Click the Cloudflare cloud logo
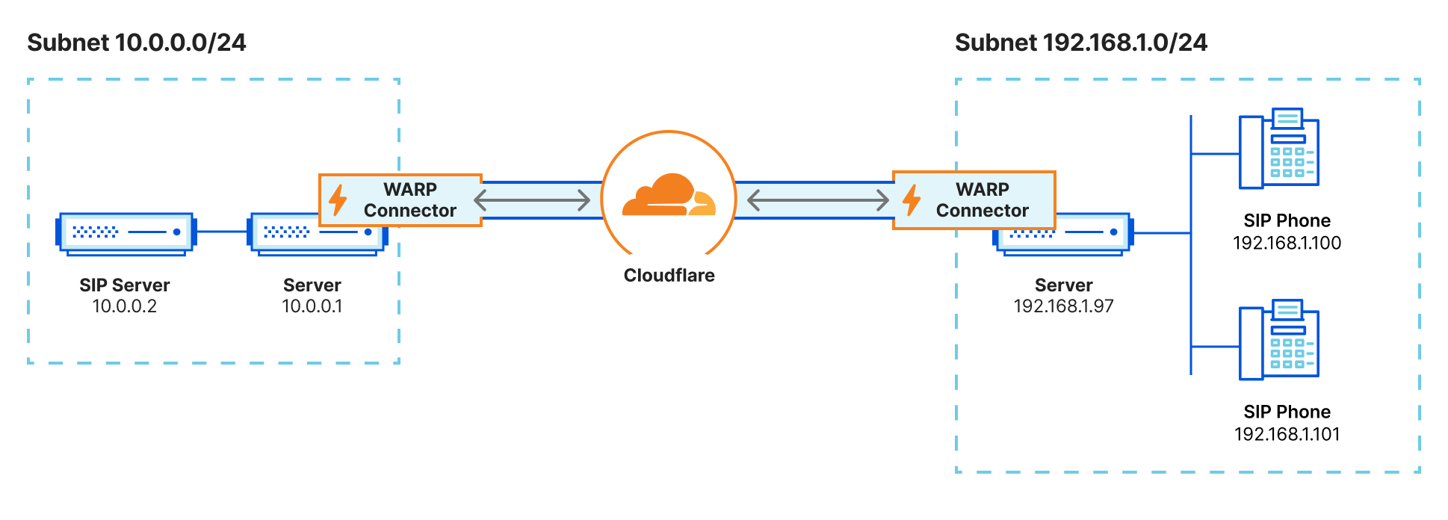669,196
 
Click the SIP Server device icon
126,233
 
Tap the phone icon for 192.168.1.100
1278,149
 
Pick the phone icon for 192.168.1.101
1278,341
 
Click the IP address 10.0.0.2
124,306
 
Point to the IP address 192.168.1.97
1063,306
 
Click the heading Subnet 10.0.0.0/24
137,43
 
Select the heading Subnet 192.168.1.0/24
1080,43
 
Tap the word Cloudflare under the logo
669,276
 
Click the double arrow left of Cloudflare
532,200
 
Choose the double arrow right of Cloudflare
817,200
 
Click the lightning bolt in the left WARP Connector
338,200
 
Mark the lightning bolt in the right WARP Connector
912,200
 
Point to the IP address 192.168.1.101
1287,435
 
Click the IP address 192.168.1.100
1287,244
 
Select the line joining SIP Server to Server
222,232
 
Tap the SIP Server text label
124,285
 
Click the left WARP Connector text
409,200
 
